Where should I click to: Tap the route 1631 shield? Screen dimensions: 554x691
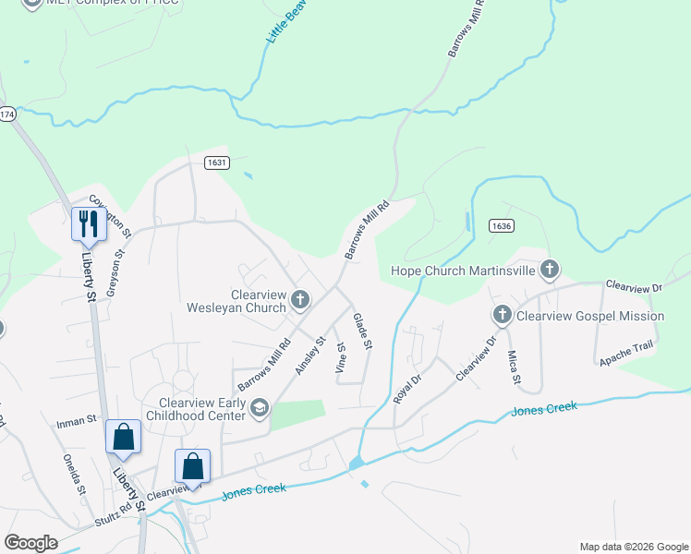click(216, 163)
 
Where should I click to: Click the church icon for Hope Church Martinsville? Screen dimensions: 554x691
click(550, 270)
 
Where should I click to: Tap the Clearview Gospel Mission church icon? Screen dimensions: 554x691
click(503, 316)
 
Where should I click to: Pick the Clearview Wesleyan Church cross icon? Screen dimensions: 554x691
click(299, 298)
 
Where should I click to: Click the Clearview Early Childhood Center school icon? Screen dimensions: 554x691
click(260, 407)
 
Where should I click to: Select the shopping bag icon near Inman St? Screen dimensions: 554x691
click(123, 437)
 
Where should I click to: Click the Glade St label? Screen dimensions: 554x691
click(362, 331)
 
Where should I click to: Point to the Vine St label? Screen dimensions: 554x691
click(341, 357)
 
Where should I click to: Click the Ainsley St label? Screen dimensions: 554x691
click(311, 355)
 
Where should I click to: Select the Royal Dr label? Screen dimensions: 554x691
click(407, 378)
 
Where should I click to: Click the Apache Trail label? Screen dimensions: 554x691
click(625, 351)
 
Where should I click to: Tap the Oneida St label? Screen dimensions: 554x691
click(74, 474)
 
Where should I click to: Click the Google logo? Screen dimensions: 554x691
click(30, 543)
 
